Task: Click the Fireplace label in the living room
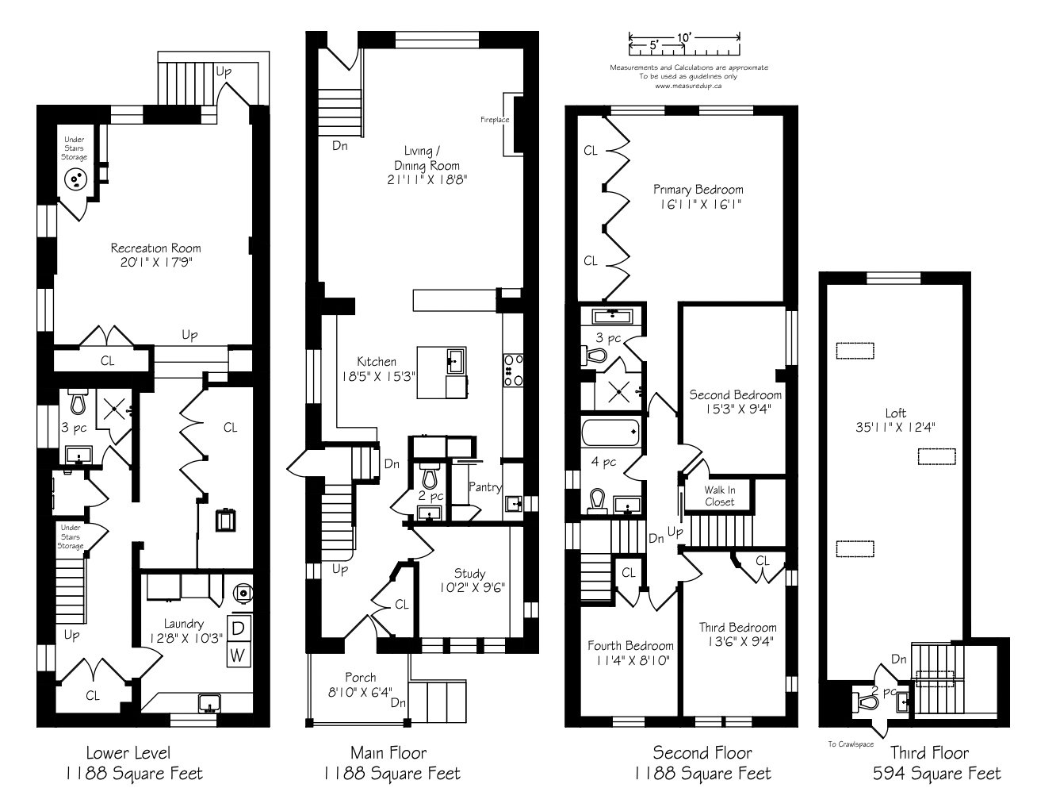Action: (494, 120)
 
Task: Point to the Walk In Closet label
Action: (720, 496)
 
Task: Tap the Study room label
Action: (469, 574)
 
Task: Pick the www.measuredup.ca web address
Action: (688, 85)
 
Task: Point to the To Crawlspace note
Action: (851, 744)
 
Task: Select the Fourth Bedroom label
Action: (630, 645)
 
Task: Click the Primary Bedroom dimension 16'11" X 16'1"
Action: (698, 204)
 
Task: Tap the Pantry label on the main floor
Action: (484, 487)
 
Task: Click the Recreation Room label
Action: (155, 248)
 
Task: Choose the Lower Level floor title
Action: (128, 752)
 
